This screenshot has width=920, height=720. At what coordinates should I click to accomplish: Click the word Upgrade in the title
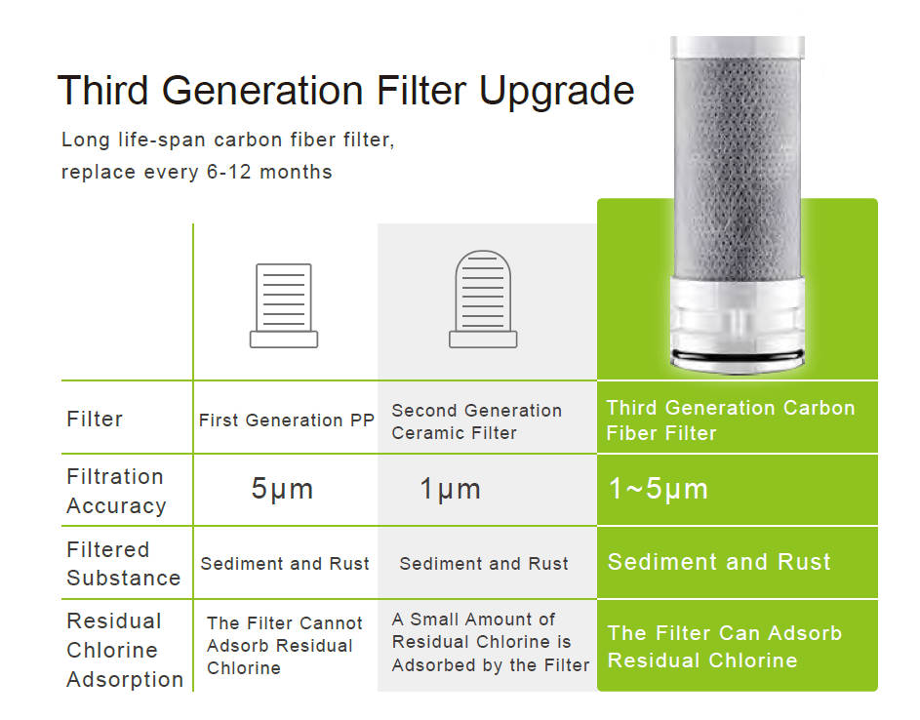pos(556,92)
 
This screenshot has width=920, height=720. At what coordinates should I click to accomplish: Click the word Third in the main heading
pos(102,91)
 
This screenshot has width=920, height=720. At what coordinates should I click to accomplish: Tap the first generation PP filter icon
pos(284,305)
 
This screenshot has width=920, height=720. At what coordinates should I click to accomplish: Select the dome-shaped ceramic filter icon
pos(483,300)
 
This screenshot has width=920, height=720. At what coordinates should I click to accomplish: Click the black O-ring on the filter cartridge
pos(738,355)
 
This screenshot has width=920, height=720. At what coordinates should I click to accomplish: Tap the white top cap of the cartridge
pos(738,47)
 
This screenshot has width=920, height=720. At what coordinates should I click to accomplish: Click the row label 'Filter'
pos(95,419)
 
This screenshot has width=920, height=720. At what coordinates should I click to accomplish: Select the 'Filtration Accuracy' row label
pos(116,491)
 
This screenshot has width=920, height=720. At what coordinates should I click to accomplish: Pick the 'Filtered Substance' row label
pos(123,563)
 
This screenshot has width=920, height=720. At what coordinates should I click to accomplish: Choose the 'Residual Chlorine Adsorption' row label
pos(125,650)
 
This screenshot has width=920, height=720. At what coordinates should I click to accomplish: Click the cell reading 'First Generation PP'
pos(286,420)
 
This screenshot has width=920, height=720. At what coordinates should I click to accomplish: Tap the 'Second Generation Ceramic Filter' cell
pos(476,421)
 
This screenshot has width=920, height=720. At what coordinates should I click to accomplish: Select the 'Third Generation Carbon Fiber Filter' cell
pos(731,420)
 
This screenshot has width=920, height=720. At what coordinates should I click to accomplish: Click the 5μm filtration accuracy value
pos(282,489)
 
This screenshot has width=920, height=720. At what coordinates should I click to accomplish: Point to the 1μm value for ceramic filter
pos(451,489)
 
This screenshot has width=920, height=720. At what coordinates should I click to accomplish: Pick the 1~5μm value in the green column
pos(659,489)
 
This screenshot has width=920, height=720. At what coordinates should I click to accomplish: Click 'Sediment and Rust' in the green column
pos(719,562)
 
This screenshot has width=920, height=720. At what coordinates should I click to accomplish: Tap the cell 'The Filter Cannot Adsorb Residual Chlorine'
pos(285,646)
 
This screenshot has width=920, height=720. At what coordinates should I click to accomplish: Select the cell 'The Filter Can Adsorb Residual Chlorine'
pos(725,647)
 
